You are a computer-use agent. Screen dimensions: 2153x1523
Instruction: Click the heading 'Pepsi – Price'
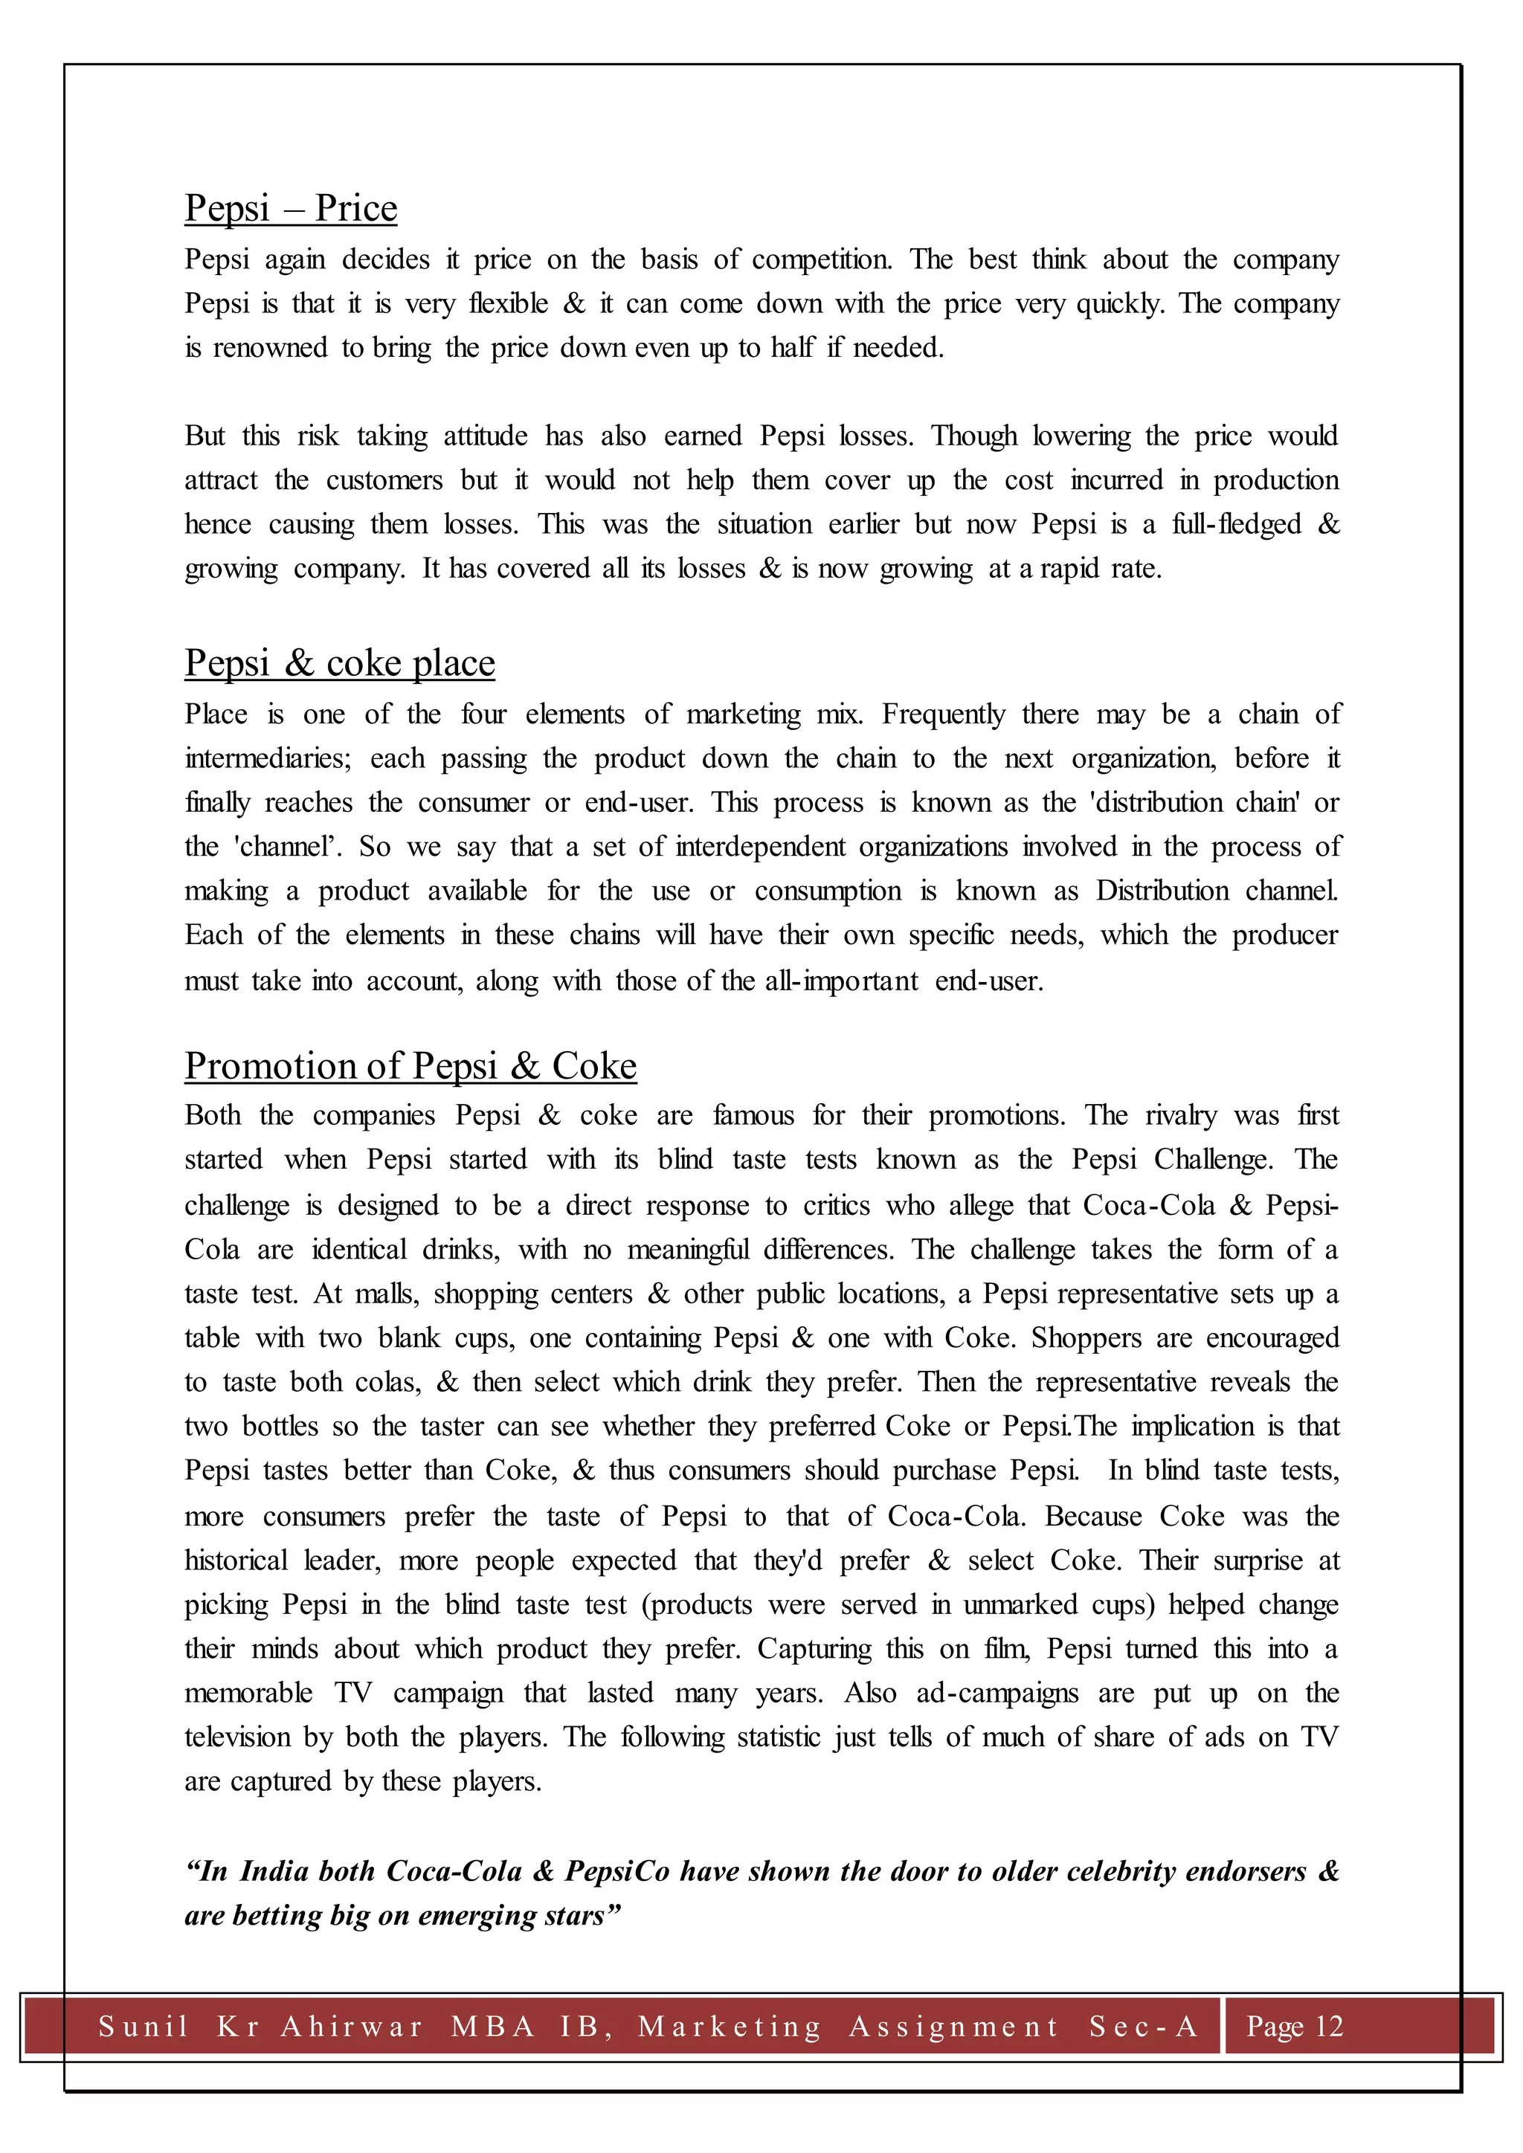(291, 208)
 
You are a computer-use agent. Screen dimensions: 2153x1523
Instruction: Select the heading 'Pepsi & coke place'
(340, 663)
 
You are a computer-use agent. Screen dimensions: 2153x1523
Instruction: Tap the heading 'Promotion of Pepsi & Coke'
(410, 1066)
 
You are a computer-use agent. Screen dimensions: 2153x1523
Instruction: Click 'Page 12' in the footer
(1294, 2027)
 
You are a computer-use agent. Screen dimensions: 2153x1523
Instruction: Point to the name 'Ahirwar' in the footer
(352, 2027)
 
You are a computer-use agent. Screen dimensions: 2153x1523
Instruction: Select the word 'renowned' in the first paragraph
(270, 348)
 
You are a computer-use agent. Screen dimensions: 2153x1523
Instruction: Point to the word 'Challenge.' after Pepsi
(1214, 1160)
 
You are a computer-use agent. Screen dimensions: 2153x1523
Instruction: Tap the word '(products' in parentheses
(697, 1604)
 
